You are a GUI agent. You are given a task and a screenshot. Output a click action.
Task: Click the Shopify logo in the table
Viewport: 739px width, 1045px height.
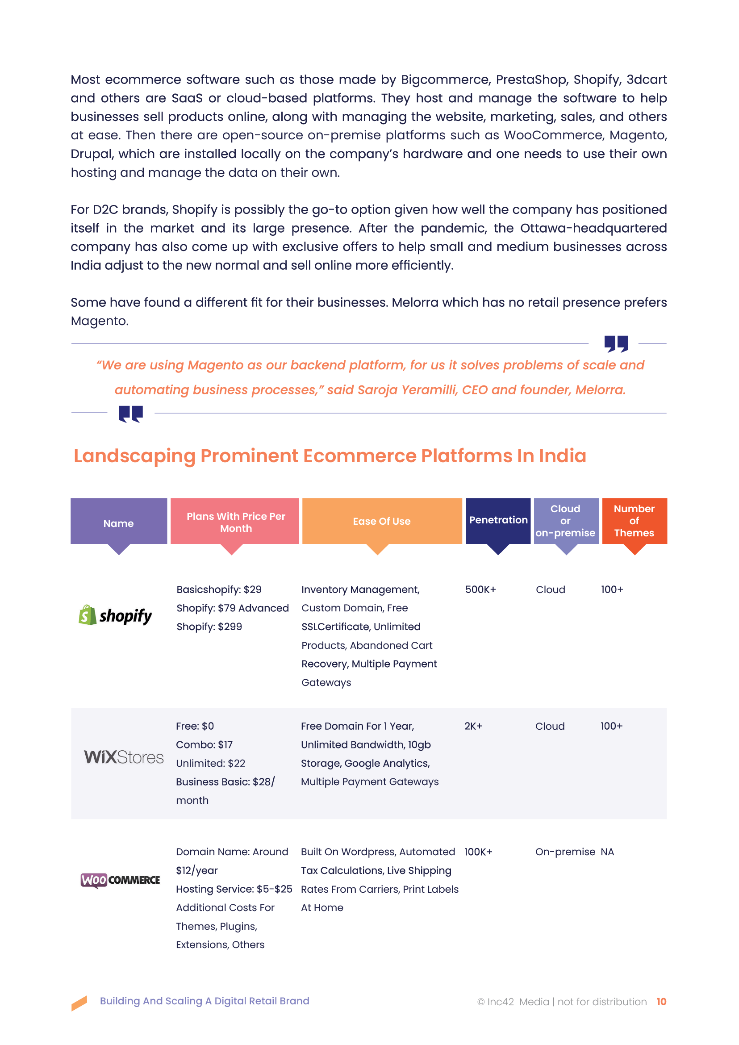click(116, 615)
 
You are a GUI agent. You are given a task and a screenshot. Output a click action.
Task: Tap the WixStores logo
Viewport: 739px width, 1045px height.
click(123, 757)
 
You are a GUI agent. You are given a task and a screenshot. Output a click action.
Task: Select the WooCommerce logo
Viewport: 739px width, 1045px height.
click(120, 880)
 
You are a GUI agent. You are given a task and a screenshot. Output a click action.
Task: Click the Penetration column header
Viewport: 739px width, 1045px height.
click(498, 520)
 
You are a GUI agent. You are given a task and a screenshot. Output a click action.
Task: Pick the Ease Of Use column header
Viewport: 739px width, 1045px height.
click(381, 521)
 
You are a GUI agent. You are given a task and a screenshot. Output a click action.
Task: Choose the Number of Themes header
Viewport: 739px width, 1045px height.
click(634, 521)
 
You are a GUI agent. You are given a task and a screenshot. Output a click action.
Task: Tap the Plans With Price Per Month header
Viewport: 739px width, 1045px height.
click(235, 522)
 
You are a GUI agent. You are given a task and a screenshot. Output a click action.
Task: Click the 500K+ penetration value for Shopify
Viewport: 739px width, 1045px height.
click(480, 589)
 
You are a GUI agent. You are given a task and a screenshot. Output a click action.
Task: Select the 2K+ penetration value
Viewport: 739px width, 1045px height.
click(473, 726)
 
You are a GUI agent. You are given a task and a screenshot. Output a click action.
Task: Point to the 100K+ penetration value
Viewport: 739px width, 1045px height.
click(478, 852)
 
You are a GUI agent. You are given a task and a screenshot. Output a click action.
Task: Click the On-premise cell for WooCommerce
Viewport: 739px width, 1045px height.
click(565, 852)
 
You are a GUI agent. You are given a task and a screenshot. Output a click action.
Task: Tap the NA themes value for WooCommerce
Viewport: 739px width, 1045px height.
click(607, 852)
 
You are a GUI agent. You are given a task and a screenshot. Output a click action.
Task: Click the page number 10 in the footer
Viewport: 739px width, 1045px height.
click(661, 1001)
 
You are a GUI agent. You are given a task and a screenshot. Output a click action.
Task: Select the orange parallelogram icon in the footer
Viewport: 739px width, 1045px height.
click(79, 1003)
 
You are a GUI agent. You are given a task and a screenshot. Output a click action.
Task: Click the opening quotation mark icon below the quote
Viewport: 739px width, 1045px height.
click(130, 414)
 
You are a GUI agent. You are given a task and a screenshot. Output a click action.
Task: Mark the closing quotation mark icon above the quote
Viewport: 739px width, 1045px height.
click(616, 343)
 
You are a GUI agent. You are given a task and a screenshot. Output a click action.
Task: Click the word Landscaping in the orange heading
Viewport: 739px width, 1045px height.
click(134, 456)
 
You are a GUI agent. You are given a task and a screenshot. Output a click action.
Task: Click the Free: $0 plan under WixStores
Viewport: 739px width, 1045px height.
click(195, 726)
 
